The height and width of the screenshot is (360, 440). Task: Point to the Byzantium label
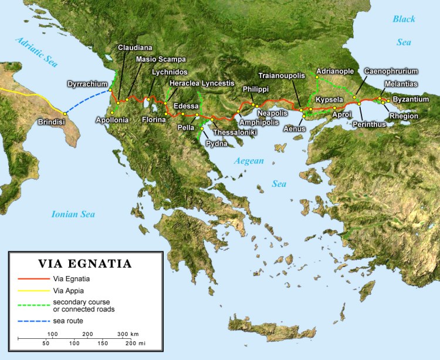(x=411, y=99)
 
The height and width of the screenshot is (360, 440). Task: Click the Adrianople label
(x=335, y=71)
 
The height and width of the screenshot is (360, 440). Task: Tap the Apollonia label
(x=112, y=120)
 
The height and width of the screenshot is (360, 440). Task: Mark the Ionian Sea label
(x=72, y=214)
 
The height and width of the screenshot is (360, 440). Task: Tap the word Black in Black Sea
(x=404, y=19)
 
